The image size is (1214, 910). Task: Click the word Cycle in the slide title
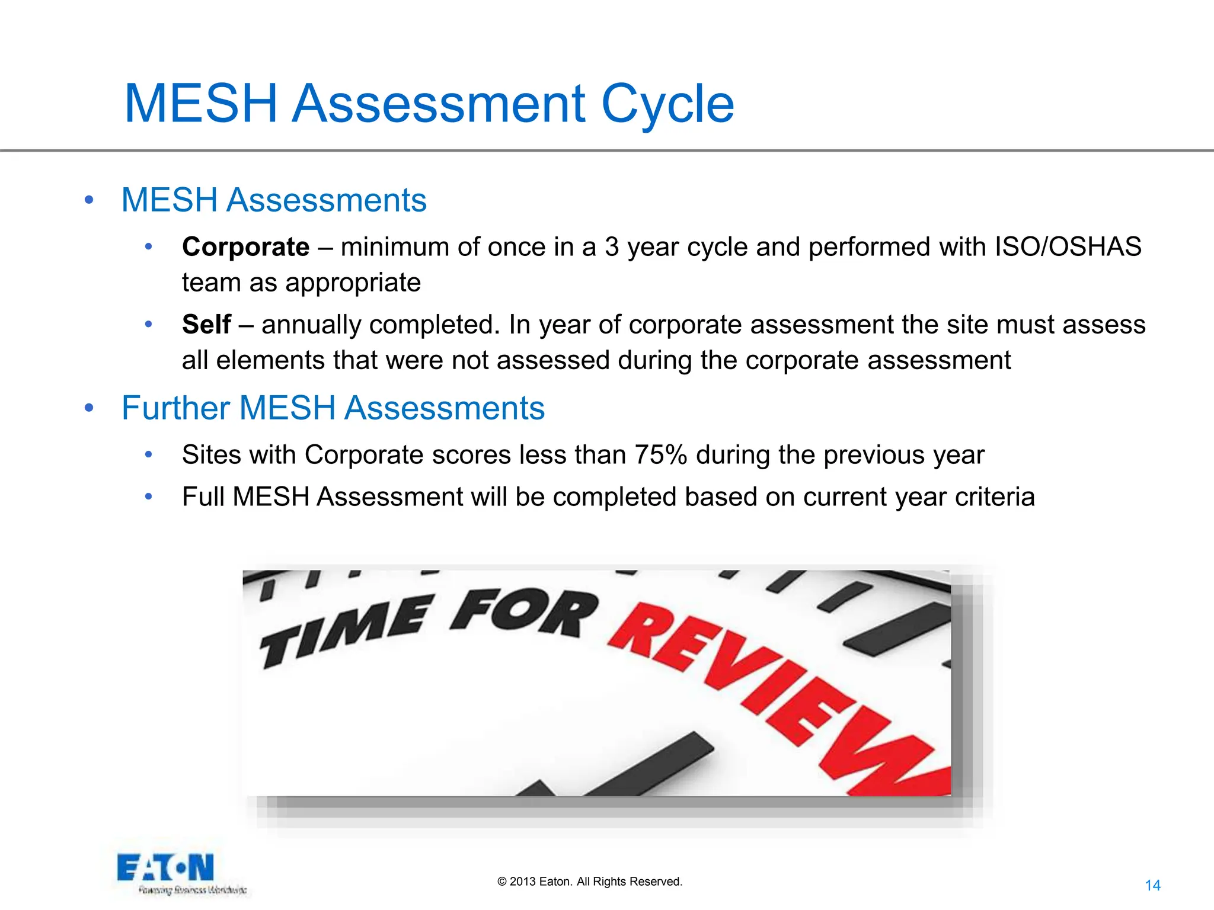[x=667, y=104]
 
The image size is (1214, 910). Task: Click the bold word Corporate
[x=245, y=247]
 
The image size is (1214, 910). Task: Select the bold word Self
[x=206, y=325]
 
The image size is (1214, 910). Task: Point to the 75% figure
[x=660, y=455]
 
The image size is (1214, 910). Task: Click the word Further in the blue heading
[x=175, y=408]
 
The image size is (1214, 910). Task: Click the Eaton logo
[x=166, y=869]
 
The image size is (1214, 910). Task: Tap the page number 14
[x=1152, y=886]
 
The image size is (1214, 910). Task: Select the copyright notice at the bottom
[x=590, y=882]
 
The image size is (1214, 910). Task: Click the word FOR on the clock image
[x=524, y=613]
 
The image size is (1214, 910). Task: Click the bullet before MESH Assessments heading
[x=89, y=200]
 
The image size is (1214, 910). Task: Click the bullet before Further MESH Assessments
[x=89, y=408]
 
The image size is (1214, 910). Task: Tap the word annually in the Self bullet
[x=310, y=325]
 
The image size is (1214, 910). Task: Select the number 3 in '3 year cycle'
[x=612, y=247]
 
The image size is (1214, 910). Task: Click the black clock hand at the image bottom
[x=652, y=764]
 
